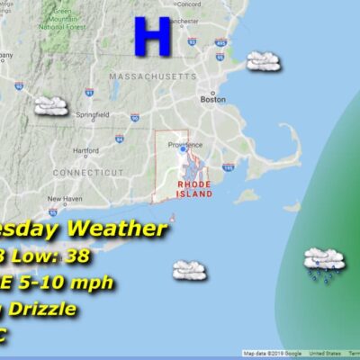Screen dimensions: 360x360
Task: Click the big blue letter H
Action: pyautogui.click(x=152, y=37)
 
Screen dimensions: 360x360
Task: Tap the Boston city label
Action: pyautogui.click(x=212, y=100)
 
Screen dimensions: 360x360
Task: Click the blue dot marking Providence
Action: pyautogui.click(x=183, y=149)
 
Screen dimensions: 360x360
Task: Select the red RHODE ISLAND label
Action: pyautogui.click(x=194, y=189)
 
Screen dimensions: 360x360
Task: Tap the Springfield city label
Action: pyautogui.click(x=93, y=114)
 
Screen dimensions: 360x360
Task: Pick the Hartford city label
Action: pyautogui.click(x=85, y=150)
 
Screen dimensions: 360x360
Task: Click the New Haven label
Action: pyautogui.click(x=65, y=199)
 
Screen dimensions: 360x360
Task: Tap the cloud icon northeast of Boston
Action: pyautogui.click(x=262, y=61)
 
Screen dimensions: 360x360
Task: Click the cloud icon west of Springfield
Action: pyautogui.click(x=51, y=106)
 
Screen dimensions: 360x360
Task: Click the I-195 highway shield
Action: pyautogui.click(x=229, y=167)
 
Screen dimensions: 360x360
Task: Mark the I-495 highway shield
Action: pyautogui.click(x=220, y=42)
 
